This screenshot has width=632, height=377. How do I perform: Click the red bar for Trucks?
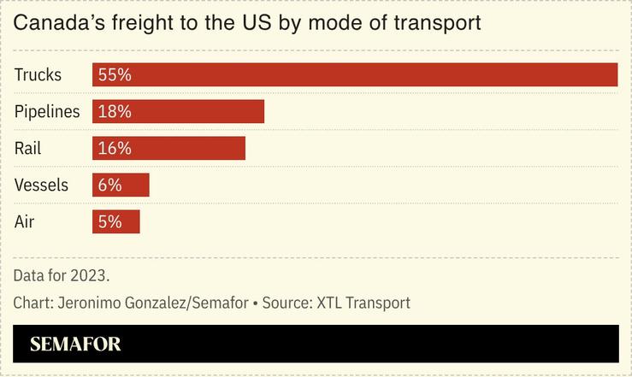355,75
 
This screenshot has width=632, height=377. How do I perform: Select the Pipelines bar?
178,112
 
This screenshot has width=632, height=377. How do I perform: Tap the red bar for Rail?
168,149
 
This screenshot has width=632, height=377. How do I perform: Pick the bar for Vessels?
121,186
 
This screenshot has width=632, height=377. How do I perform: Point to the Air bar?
115,222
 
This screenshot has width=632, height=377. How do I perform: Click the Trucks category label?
38,75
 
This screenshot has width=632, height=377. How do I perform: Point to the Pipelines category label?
47,112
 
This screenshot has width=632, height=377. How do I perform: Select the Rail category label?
28,149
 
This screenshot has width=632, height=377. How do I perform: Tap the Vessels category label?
42,186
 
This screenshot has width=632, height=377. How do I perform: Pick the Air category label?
25,222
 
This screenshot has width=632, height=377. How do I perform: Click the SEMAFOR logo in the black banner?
75,345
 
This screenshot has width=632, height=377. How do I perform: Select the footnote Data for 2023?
62,276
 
